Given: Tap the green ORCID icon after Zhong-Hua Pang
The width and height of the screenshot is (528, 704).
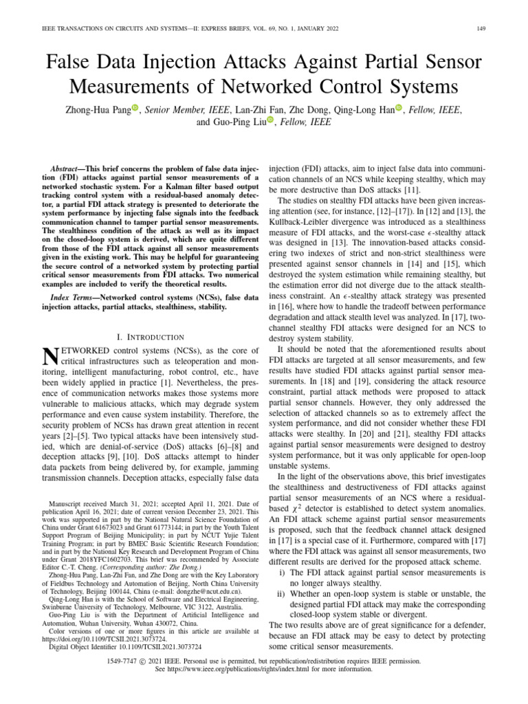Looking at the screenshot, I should [x=135, y=107].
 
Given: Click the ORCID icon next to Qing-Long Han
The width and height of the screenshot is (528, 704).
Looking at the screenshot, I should [x=398, y=107].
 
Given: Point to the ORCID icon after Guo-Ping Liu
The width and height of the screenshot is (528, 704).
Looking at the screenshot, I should [x=270, y=120].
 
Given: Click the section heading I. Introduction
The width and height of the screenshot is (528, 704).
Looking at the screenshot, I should [x=151, y=337].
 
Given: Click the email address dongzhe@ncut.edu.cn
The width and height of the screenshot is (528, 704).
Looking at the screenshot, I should [x=206, y=590].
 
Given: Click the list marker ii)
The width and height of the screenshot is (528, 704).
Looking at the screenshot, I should [x=281, y=595].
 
